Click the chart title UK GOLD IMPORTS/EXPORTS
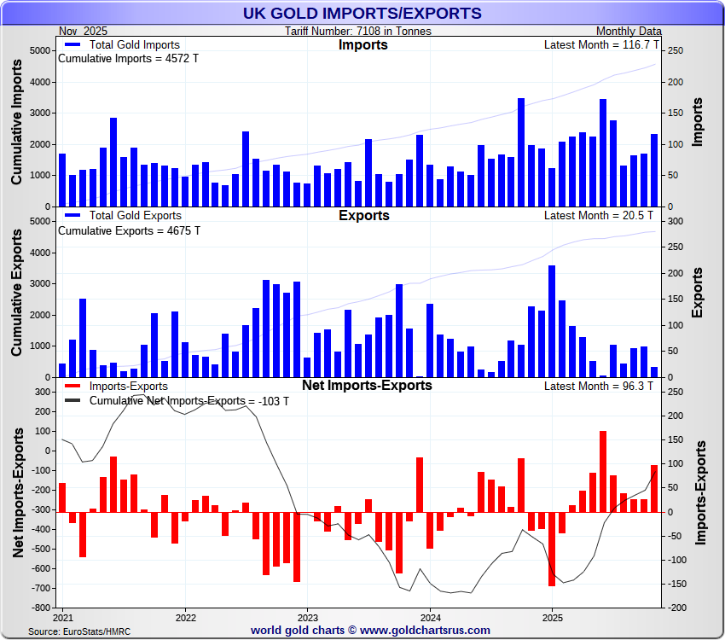[x=362, y=13]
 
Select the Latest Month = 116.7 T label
[x=601, y=44]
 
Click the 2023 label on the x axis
[x=308, y=617]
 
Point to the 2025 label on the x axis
[x=553, y=617]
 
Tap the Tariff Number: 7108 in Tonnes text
[x=358, y=31]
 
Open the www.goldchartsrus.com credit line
[x=370, y=631]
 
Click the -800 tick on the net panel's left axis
[x=38, y=608]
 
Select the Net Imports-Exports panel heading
[x=367, y=386]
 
